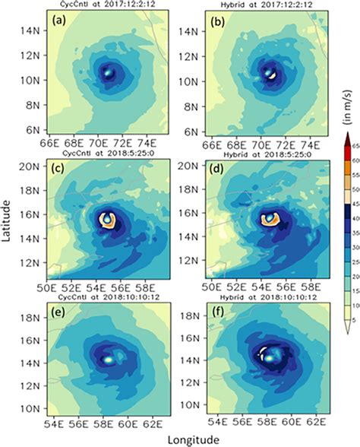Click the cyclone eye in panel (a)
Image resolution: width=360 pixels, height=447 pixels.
click(108, 73)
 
